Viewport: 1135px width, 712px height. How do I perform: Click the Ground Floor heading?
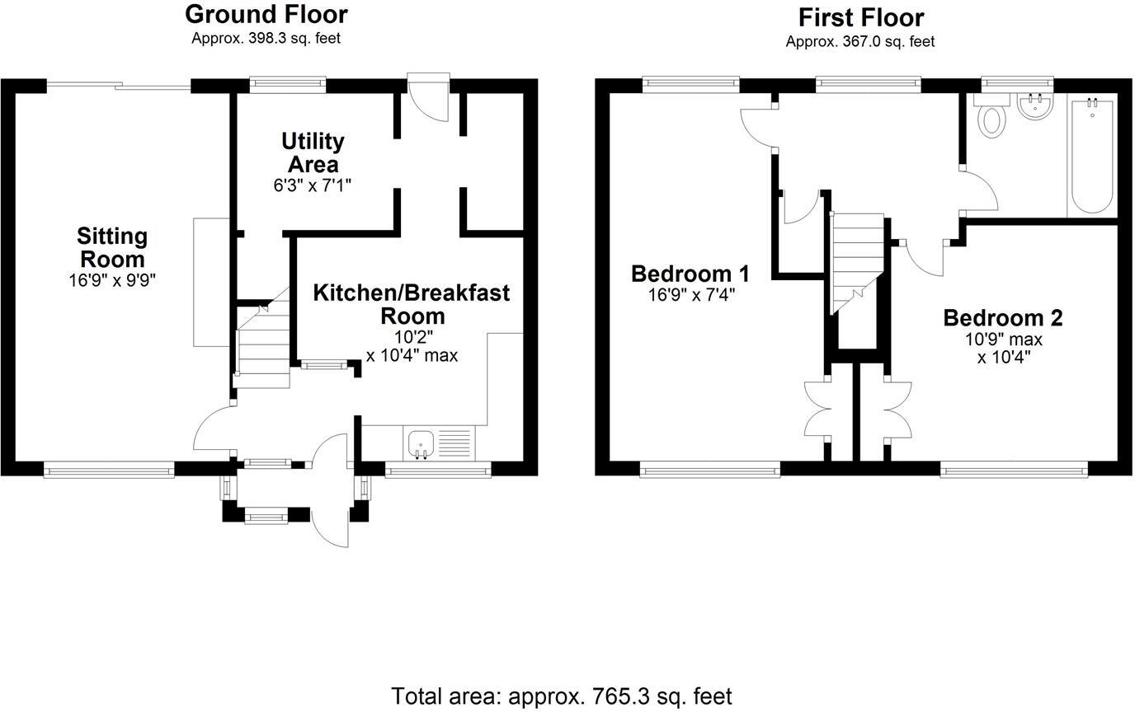pos(266,14)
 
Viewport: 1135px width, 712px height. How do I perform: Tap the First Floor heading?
pos(860,17)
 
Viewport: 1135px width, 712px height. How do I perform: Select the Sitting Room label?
pos(112,247)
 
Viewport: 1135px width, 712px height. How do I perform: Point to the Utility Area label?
pos(312,152)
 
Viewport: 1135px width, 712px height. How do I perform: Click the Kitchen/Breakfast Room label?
pos(411,304)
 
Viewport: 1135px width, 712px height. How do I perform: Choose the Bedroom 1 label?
pos(690,273)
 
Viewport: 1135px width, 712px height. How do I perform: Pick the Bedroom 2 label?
pos(1003,318)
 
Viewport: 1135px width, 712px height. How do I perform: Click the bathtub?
pos(1092,155)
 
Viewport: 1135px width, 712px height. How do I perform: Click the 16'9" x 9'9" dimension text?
pos(112,280)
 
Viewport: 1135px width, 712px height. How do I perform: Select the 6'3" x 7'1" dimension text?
pos(312,185)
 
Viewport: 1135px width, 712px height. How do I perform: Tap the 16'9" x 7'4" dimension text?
pos(691,293)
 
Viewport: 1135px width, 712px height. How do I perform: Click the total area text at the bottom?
pos(561,696)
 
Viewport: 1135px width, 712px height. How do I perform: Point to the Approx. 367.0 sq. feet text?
pos(860,41)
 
